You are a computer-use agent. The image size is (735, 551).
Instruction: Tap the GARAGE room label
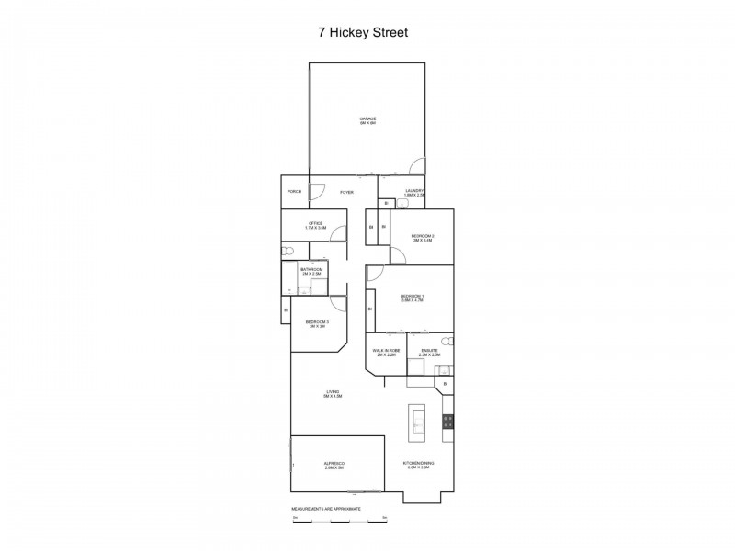point(367,120)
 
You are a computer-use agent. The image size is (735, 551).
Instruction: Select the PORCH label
point(294,191)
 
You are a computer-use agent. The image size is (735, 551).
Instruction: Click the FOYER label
point(346,192)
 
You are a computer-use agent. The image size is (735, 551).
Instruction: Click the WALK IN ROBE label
point(385,352)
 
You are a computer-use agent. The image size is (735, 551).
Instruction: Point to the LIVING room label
point(333,394)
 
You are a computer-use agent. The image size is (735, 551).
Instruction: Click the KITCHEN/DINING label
point(421,465)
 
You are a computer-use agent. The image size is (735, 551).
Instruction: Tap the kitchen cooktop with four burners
point(448,422)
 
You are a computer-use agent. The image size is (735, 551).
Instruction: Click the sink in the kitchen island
point(418,422)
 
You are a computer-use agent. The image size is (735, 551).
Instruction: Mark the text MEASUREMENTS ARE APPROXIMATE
point(325,508)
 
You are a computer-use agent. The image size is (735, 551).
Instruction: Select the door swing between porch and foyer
point(317,192)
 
